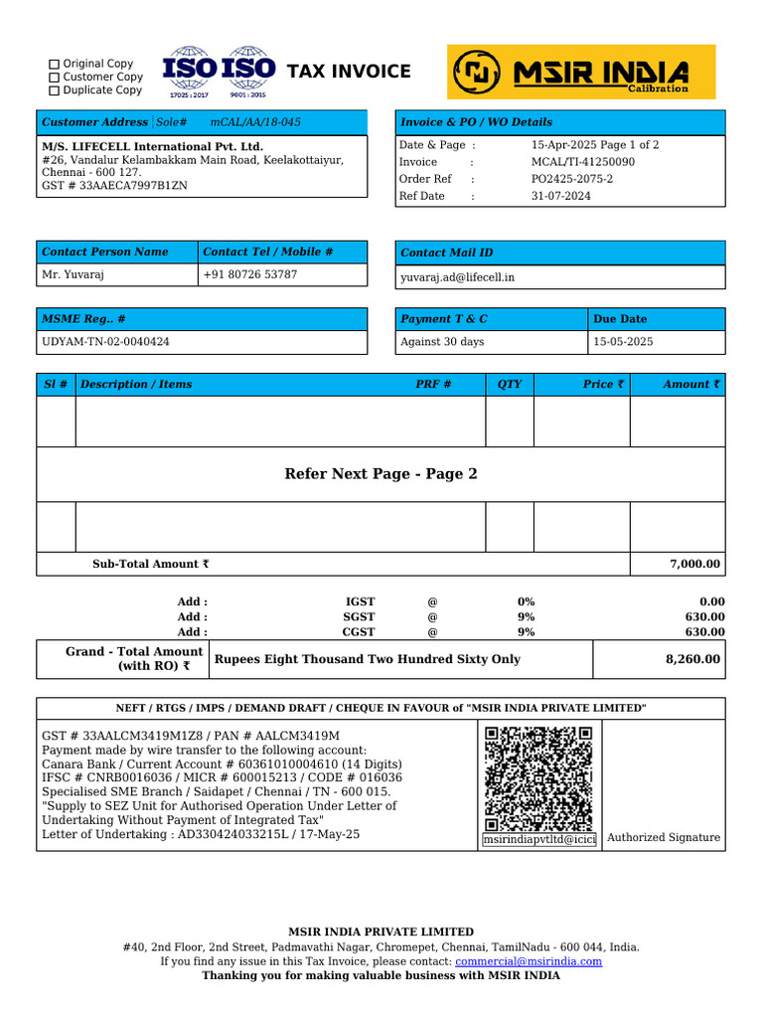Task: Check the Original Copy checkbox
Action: point(55,64)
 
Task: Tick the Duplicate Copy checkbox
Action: point(55,90)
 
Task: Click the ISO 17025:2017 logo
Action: point(189,72)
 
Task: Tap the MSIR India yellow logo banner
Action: point(580,72)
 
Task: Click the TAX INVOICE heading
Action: point(348,72)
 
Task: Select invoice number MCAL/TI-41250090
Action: point(582,162)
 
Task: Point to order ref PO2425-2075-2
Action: point(571,179)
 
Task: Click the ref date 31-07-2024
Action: point(560,197)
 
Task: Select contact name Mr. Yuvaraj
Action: point(74,274)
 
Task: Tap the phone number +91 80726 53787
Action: point(249,274)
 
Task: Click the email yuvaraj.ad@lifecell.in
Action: point(457,277)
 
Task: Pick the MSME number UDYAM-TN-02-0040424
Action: point(105,342)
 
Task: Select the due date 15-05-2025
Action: point(623,342)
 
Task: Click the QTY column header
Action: point(509,384)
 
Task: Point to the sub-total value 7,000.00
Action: point(694,564)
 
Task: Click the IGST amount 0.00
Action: point(711,601)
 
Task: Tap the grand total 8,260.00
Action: point(692,659)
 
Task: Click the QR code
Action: point(538,778)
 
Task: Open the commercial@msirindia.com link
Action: point(529,961)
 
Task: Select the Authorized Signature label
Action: point(663,838)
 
